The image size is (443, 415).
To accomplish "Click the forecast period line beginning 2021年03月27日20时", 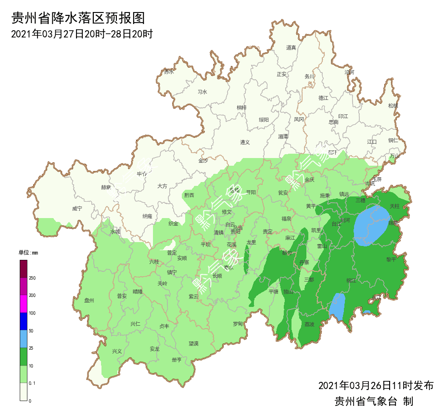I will [x=82, y=34].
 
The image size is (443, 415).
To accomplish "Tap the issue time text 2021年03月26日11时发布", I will [x=376, y=386].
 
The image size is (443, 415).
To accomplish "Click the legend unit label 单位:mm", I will [x=28, y=253].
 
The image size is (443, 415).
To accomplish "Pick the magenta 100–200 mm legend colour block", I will [x=24, y=304].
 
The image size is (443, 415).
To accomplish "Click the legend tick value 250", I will [x=32, y=278].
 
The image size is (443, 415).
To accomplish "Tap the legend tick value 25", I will [x=31, y=348].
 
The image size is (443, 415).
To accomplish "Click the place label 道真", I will [x=291, y=48].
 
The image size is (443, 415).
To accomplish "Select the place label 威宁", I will [x=77, y=208].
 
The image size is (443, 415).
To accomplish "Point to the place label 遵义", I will [x=245, y=142].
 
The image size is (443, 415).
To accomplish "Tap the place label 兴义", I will [x=117, y=351].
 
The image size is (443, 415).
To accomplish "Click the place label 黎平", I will [x=391, y=259].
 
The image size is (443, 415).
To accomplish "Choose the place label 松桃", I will [x=393, y=106].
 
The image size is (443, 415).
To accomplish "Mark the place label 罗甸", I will [x=238, y=324].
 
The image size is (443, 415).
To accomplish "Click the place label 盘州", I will [x=89, y=301].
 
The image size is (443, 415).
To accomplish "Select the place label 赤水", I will [x=169, y=72].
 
